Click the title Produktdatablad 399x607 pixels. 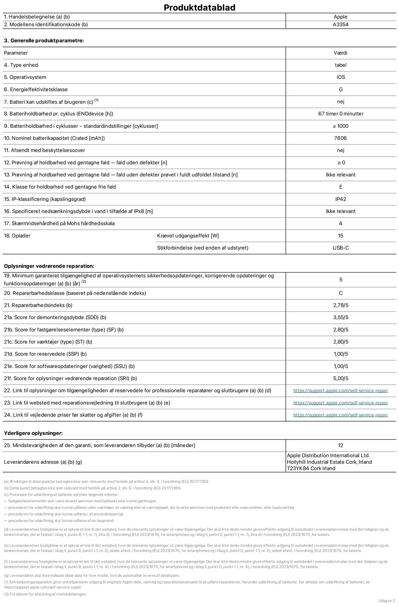pos(199,8)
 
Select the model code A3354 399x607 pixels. pos(340,25)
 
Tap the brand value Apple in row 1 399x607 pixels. pos(340,17)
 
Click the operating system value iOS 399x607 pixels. pos(340,77)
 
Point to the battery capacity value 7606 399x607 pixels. pos(340,138)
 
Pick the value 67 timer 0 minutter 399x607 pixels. pos(340,114)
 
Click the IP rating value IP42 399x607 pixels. pos(340,199)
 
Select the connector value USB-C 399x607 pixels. pos(340,248)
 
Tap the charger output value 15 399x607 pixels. pos(340,236)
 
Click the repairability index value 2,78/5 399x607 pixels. pos(340,305)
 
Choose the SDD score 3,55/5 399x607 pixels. pos(340,318)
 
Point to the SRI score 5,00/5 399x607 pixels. pos(340,379)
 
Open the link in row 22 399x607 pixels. pos(340,391)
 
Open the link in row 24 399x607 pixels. pos(340,415)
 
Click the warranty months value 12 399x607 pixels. pos(340,445)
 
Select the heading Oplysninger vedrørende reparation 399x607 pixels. pos(49,266)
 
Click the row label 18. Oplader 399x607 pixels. pos(17,236)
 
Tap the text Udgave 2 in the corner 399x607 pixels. pos(386,601)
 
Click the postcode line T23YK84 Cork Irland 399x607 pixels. pos(311,468)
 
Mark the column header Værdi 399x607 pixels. pos(340,53)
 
